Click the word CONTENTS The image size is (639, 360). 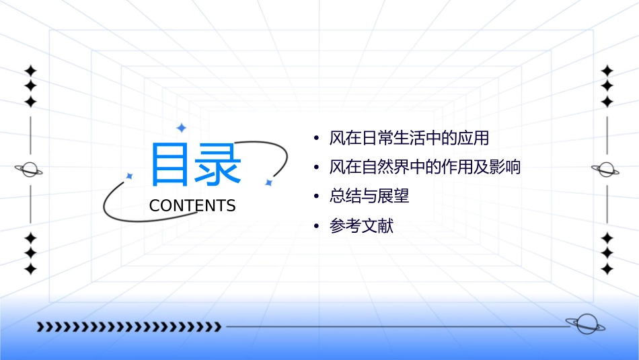(x=192, y=206)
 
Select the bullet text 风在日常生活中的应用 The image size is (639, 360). (x=409, y=139)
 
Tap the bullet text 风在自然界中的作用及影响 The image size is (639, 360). (x=425, y=168)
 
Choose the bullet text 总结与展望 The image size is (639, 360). (x=369, y=196)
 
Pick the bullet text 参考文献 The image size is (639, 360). (x=361, y=226)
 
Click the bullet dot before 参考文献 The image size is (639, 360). (x=316, y=227)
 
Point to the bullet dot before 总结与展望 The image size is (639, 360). (x=316, y=197)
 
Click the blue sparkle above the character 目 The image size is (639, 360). (x=181, y=128)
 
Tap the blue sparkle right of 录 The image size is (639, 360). (x=268, y=182)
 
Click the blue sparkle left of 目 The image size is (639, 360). (x=130, y=176)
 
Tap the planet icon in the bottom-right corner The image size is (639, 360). (x=585, y=324)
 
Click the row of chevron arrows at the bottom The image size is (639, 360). (x=128, y=327)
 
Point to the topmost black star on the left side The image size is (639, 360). (x=30, y=71)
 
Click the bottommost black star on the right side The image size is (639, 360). (x=607, y=268)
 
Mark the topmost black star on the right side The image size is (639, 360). (x=607, y=71)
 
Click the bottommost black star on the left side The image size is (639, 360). (x=30, y=268)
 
